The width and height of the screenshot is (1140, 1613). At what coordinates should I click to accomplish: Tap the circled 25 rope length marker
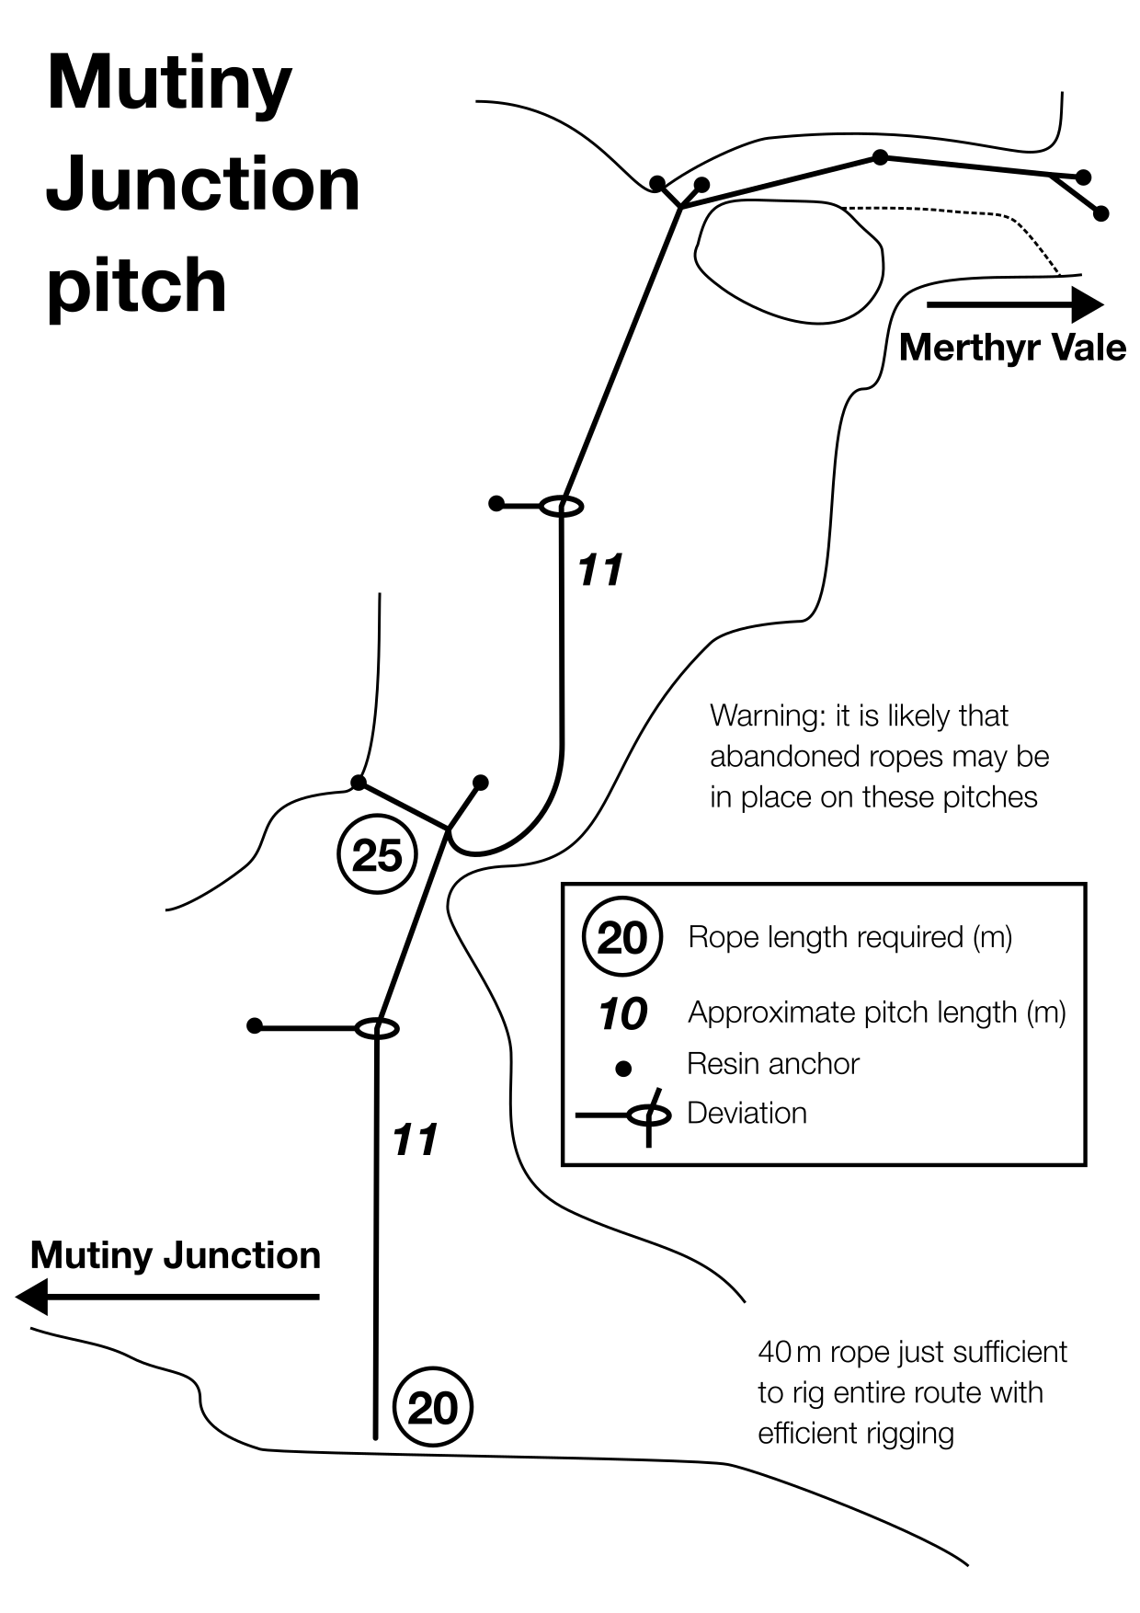point(378,855)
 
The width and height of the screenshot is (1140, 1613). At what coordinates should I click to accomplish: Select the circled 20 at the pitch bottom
point(432,1408)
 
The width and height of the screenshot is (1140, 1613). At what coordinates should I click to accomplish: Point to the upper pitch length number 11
point(600,570)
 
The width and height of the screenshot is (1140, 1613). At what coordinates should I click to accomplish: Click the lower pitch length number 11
point(415,1140)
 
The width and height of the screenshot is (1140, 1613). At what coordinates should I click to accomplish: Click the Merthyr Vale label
point(1012,348)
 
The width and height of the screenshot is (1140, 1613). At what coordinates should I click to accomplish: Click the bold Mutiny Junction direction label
point(175,1256)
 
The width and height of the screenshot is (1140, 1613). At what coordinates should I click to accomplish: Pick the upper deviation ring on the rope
point(561,506)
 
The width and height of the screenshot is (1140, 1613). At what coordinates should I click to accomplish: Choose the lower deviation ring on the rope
point(377,1028)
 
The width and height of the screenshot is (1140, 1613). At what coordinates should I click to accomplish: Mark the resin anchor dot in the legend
point(623,1069)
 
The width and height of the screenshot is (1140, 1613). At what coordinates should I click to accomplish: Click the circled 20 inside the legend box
point(622,937)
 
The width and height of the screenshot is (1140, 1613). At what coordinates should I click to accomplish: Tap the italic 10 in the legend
point(622,1014)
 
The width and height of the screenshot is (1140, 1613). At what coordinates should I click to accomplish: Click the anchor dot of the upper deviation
point(496,503)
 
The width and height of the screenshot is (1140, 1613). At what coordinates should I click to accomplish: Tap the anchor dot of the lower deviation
point(255,1025)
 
